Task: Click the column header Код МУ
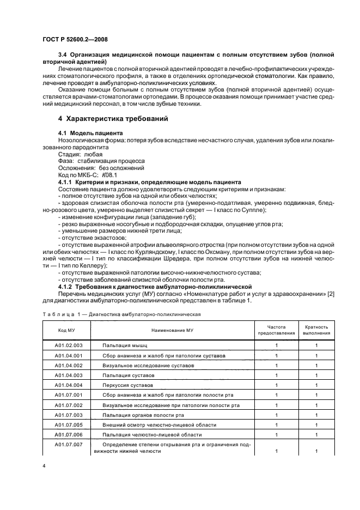point(66,330)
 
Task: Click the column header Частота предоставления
point(277,330)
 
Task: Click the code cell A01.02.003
point(69,345)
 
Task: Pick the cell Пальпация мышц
point(125,345)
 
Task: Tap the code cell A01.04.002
point(69,365)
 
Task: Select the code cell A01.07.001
point(69,394)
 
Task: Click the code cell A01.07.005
point(69,424)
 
